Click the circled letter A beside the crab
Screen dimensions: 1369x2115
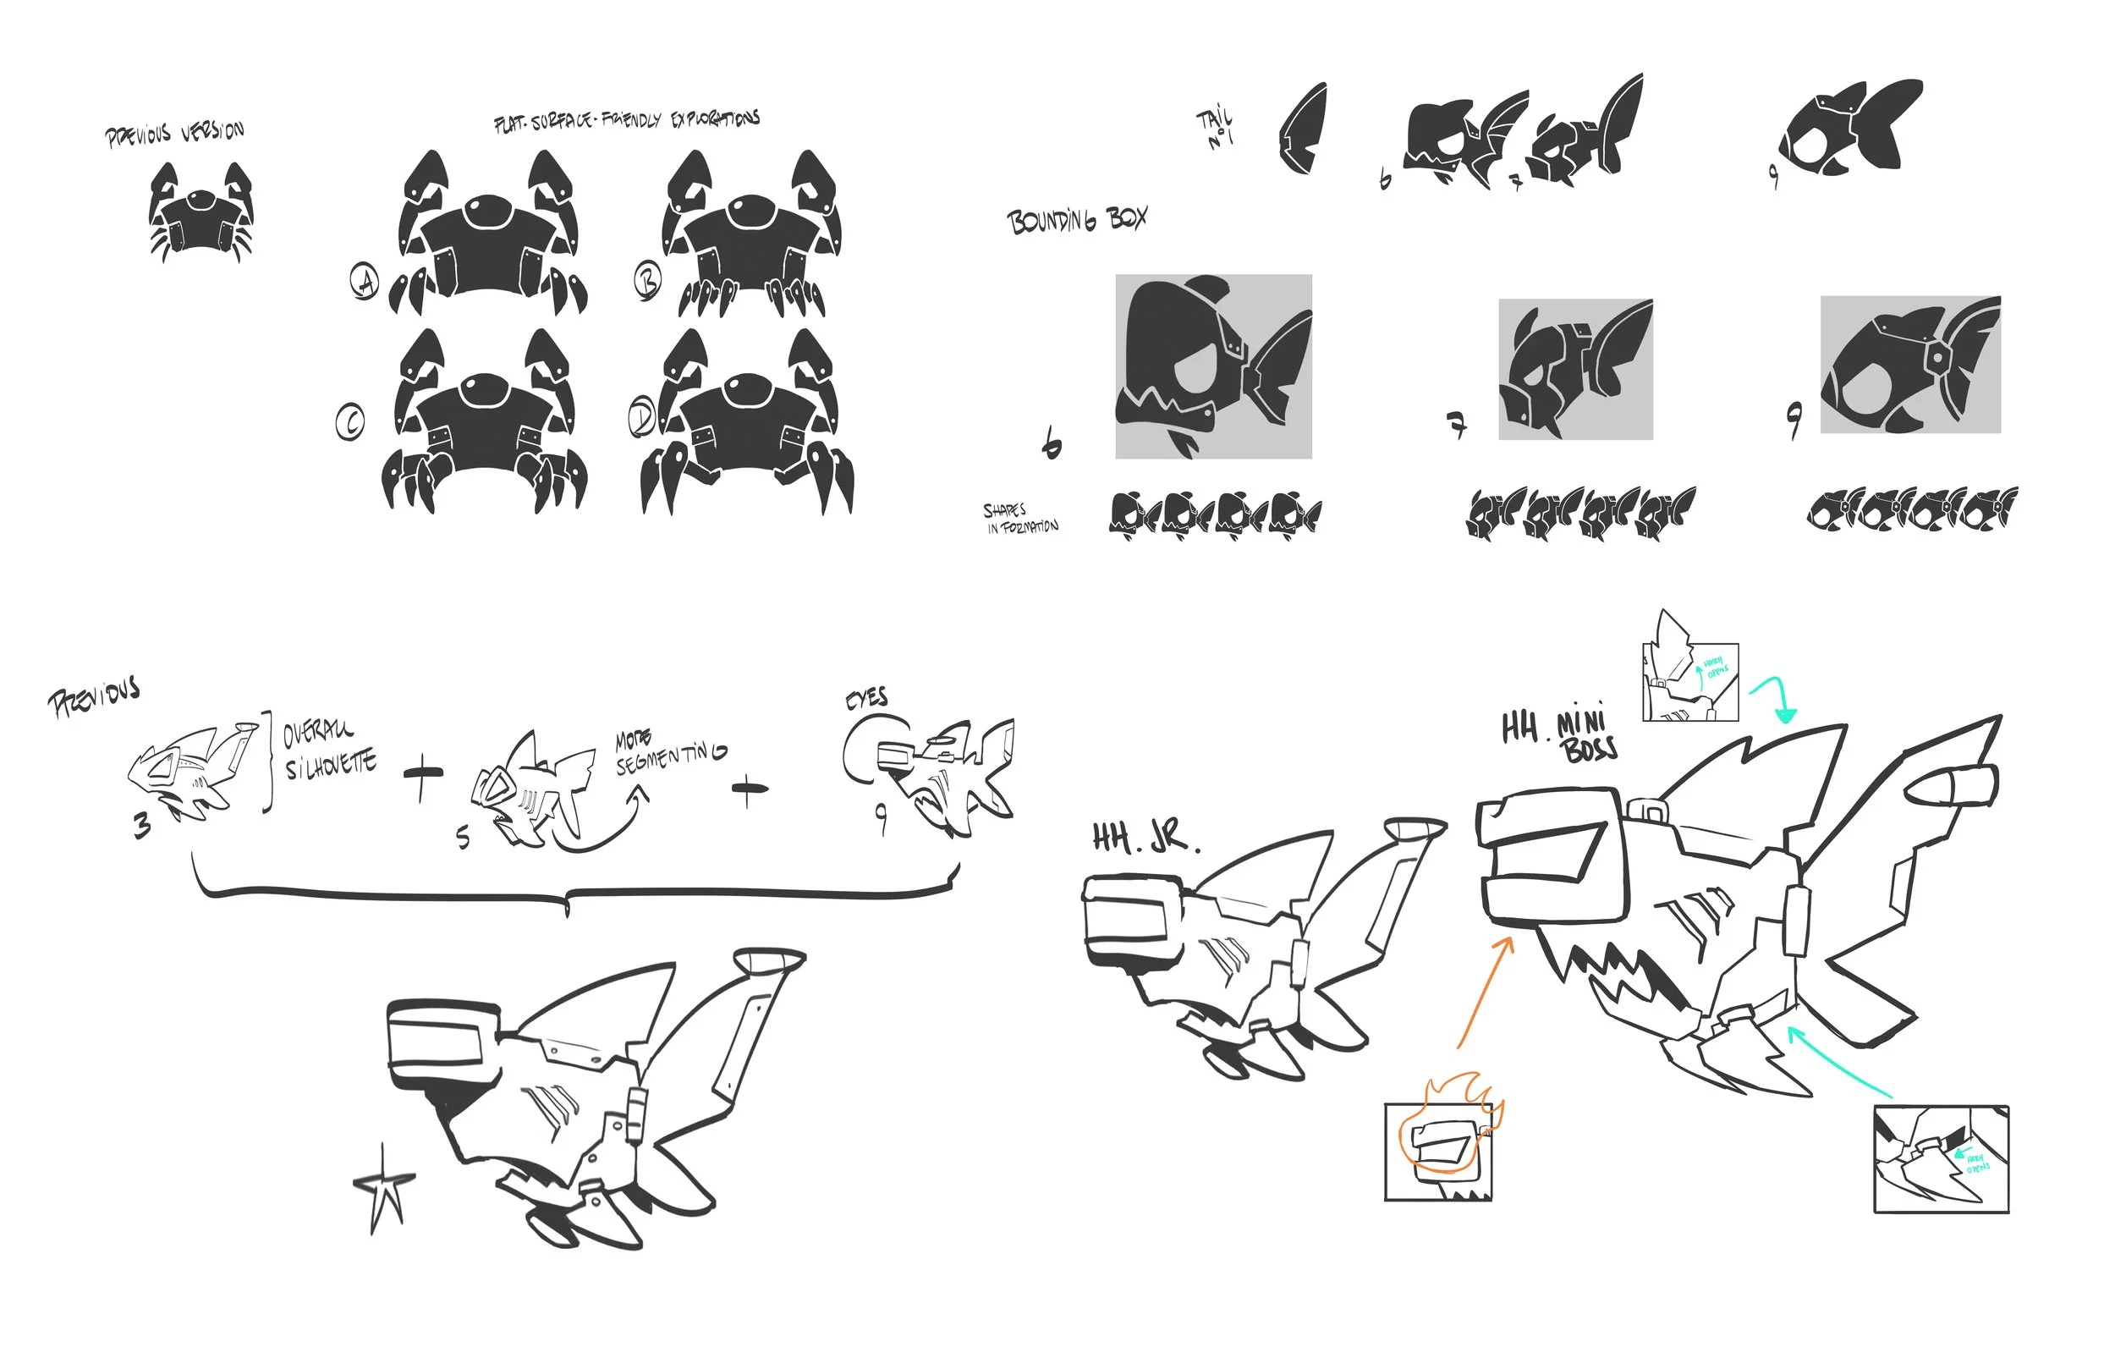click(365, 282)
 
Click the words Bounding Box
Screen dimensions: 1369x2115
click(1076, 220)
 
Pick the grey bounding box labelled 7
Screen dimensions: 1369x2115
click(1574, 369)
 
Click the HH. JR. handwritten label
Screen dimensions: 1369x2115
click(1144, 838)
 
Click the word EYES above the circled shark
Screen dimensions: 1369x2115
click(866, 698)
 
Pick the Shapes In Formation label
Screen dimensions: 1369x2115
click(1019, 519)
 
